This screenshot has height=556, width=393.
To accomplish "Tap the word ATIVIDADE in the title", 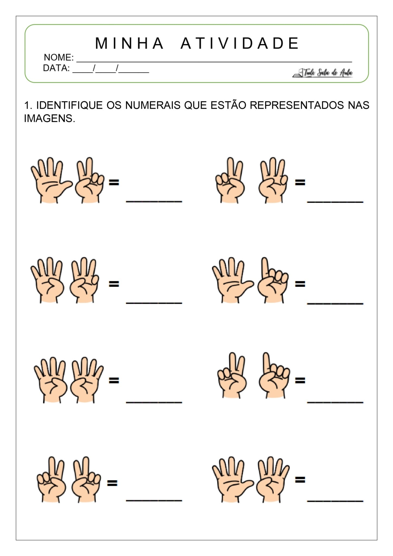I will pyautogui.click(x=240, y=43).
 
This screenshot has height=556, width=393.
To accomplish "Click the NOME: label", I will pyautogui.click(x=59, y=58).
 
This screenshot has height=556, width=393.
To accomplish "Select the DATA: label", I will pyautogui.click(x=56, y=68).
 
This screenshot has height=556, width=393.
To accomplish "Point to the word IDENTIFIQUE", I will pyautogui.click(x=70, y=105).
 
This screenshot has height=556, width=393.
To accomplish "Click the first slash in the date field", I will pyautogui.click(x=94, y=68).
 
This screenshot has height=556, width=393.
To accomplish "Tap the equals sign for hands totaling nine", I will pyautogui.click(x=300, y=479).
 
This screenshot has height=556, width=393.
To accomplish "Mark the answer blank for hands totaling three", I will pyautogui.click(x=335, y=402).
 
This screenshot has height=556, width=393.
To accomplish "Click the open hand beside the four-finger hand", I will pyautogui.click(x=232, y=479).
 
